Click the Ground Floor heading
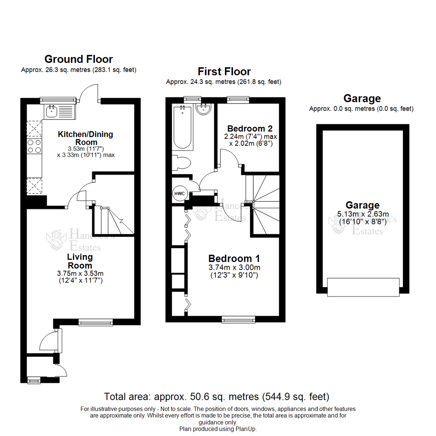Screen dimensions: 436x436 [x=78, y=59]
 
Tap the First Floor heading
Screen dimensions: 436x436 [x=224, y=71]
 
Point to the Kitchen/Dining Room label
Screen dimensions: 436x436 [x=85, y=138]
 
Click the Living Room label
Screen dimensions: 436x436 [x=80, y=261]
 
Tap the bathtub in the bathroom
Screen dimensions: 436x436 [x=184, y=127]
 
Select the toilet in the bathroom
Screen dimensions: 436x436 [x=181, y=163]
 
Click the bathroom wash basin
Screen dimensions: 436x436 [x=203, y=109]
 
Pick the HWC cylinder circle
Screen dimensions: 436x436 [x=179, y=194]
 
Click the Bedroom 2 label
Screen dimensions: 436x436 [x=249, y=129]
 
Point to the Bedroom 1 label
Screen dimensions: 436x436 [x=234, y=258]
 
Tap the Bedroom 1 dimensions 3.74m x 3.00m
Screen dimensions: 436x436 [x=234, y=268]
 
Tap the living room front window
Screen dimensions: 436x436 [x=95, y=322]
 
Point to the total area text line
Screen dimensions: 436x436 [x=217, y=396]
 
